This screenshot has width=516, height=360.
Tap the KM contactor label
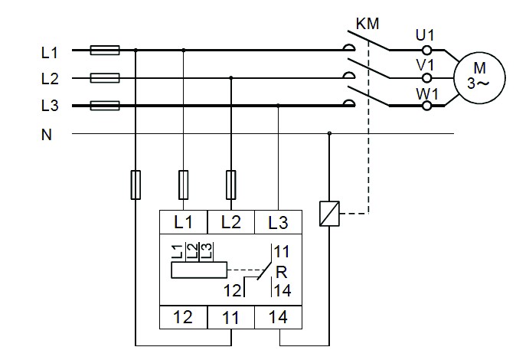tap(367, 24)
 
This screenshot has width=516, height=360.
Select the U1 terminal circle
tap(427, 51)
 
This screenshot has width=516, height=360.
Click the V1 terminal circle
tap(427, 78)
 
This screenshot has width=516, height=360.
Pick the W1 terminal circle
tap(427, 106)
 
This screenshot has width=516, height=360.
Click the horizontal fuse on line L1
tap(105, 50)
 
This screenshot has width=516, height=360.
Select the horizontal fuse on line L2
tap(105, 78)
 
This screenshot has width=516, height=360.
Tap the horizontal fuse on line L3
tap(105, 106)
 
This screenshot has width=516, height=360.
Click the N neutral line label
tap(47, 135)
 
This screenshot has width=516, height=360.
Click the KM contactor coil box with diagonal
tap(329, 214)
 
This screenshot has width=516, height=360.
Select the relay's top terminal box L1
tap(183, 222)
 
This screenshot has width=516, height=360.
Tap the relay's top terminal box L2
tap(231, 222)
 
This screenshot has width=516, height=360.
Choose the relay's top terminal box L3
tap(279, 222)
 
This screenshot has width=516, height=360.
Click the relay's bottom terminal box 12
tap(183, 317)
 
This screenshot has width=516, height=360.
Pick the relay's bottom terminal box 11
tap(231, 317)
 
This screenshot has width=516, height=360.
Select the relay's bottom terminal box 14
tap(279, 317)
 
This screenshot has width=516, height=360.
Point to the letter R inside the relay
tap(282, 273)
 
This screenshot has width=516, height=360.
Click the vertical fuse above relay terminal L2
tap(231, 185)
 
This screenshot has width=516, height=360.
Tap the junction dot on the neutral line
tap(329, 133)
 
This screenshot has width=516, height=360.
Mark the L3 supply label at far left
tap(50, 106)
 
